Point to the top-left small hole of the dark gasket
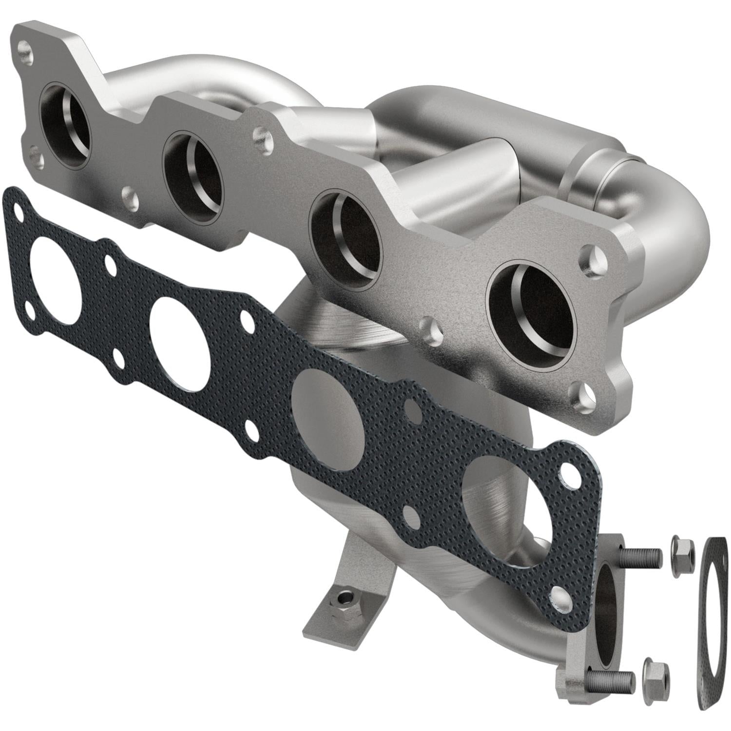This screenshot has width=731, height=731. point(19,212)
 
